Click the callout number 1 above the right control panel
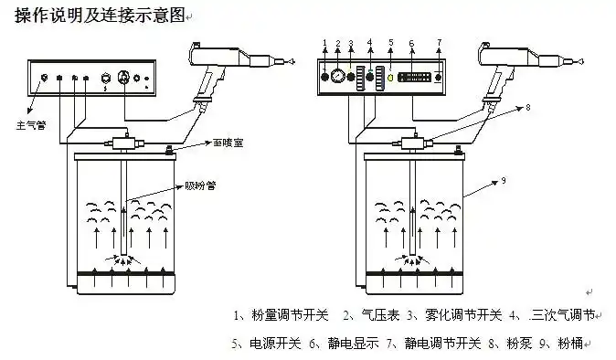click(325, 43)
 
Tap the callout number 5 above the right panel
click(390, 42)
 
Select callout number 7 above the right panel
click(439, 42)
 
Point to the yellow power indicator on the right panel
click(389, 78)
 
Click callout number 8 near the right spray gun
click(526, 107)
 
